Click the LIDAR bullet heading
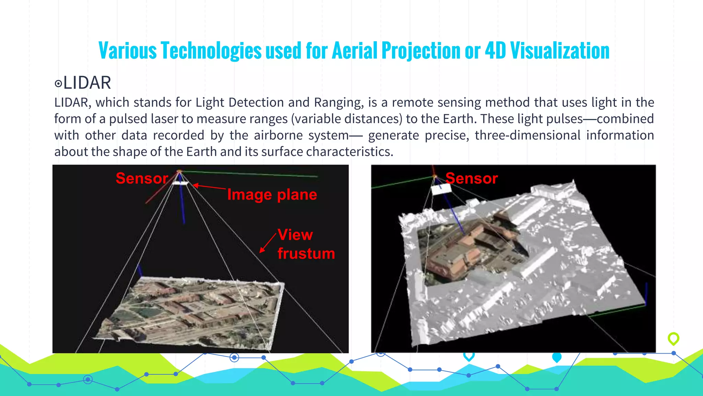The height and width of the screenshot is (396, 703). point(87,83)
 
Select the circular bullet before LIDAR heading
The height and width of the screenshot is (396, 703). point(58,84)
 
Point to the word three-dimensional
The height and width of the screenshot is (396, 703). point(528,135)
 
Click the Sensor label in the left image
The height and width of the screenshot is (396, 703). point(142,178)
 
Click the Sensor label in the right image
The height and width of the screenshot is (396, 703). point(471,178)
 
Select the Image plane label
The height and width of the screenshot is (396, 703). point(272,195)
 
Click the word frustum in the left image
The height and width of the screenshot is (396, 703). point(306,254)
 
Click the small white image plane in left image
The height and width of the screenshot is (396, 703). point(180,183)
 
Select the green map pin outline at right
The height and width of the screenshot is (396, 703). point(673,339)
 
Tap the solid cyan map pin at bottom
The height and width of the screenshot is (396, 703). point(557,357)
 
